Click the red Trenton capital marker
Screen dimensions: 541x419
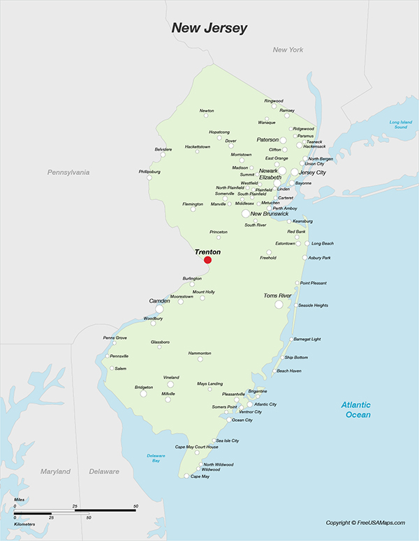207,260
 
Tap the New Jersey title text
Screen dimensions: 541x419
209,29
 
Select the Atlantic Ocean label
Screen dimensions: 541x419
356,410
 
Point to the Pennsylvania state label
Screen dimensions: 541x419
68,172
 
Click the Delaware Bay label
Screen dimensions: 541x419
156,458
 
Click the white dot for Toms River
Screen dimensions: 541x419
279,305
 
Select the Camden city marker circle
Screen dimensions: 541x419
159,309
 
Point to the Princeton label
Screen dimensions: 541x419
219,231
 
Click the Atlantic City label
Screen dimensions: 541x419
265,404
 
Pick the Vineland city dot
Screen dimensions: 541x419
170,384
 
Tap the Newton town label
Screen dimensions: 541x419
207,111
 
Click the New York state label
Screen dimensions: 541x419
288,49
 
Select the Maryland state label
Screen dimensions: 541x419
55,471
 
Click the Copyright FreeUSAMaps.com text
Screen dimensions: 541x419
365,523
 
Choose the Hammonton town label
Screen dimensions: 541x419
200,353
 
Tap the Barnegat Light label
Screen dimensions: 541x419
307,339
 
